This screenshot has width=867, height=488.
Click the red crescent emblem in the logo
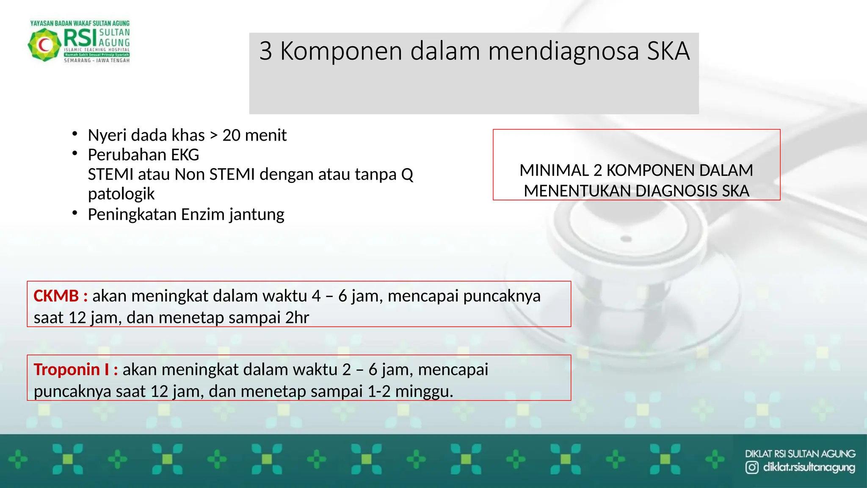click(x=44, y=44)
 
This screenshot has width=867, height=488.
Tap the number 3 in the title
click(x=265, y=51)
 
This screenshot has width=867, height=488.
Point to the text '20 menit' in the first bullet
click(x=254, y=136)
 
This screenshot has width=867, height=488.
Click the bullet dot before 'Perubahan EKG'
click(x=75, y=153)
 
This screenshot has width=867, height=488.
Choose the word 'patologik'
click(x=121, y=194)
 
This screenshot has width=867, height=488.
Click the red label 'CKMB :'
click(x=61, y=296)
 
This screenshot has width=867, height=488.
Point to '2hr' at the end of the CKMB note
click(x=297, y=318)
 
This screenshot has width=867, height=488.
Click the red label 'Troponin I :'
click(x=76, y=370)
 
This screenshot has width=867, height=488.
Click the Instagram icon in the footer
click(x=752, y=468)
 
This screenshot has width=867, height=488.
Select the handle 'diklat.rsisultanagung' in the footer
click(x=809, y=468)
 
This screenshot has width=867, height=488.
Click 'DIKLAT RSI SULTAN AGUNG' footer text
click(x=800, y=454)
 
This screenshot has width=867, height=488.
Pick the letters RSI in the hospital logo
click(x=80, y=38)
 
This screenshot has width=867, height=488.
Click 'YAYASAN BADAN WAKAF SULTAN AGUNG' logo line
click(x=80, y=23)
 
